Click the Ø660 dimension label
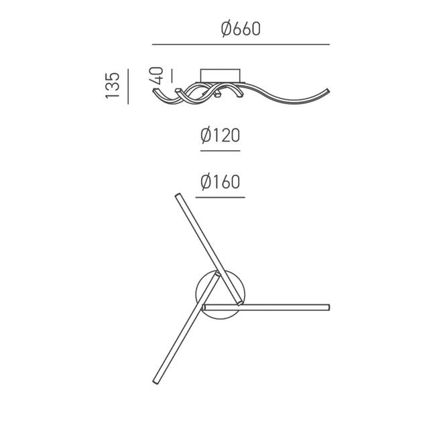pyautogui.click(x=240, y=29)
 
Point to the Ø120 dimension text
pyautogui.click(x=220, y=136)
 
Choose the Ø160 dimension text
pyautogui.click(x=220, y=182)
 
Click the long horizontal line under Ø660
pyautogui.click(x=241, y=44)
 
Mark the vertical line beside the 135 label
pyautogui.click(x=127, y=86)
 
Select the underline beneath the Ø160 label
pyautogui.click(x=220, y=197)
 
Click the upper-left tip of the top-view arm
pyautogui.click(x=178, y=195)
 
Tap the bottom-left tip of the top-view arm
pyautogui.click(x=156, y=384)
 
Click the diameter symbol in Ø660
pyautogui.click(x=226, y=29)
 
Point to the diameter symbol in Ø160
pyautogui.click(x=206, y=182)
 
